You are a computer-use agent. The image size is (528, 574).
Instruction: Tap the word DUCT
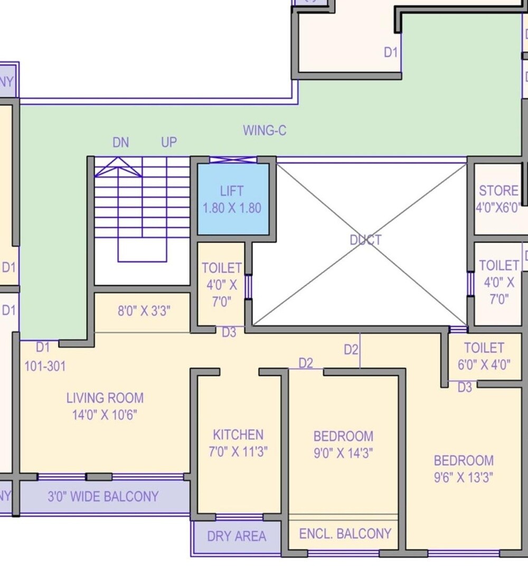tap(365, 240)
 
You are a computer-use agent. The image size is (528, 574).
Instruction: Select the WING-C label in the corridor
tap(265, 130)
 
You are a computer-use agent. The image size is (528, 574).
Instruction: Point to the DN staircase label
tap(120, 143)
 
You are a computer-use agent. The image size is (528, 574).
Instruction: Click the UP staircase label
tap(168, 143)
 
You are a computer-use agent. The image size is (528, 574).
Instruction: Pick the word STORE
tap(498, 191)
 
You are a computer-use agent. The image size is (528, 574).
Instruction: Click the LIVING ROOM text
tap(105, 398)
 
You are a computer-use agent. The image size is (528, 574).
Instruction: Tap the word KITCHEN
tap(238, 435)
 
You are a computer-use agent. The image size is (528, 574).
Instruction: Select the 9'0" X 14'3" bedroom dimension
tap(343, 454)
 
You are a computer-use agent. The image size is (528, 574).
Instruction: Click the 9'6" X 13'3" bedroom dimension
tap(463, 477)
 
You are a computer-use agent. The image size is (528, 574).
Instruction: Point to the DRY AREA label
tap(236, 537)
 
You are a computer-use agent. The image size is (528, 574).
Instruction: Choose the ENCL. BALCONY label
tap(345, 534)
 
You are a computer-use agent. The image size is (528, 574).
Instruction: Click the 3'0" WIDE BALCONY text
tap(103, 497)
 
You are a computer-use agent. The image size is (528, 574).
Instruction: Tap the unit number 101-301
tap(45, 365)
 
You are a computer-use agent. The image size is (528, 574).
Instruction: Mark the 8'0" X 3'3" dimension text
tap(144, 310)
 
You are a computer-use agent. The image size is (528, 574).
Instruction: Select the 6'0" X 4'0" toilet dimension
tap(484, 364)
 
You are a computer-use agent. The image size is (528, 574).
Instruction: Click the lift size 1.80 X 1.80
tap(232, 208)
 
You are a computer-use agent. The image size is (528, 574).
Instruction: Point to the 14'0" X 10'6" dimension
tap(105, 415)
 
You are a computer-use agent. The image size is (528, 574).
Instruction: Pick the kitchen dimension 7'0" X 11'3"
tap(238, 452)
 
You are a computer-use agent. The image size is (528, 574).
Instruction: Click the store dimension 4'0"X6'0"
tap(498, 208)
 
